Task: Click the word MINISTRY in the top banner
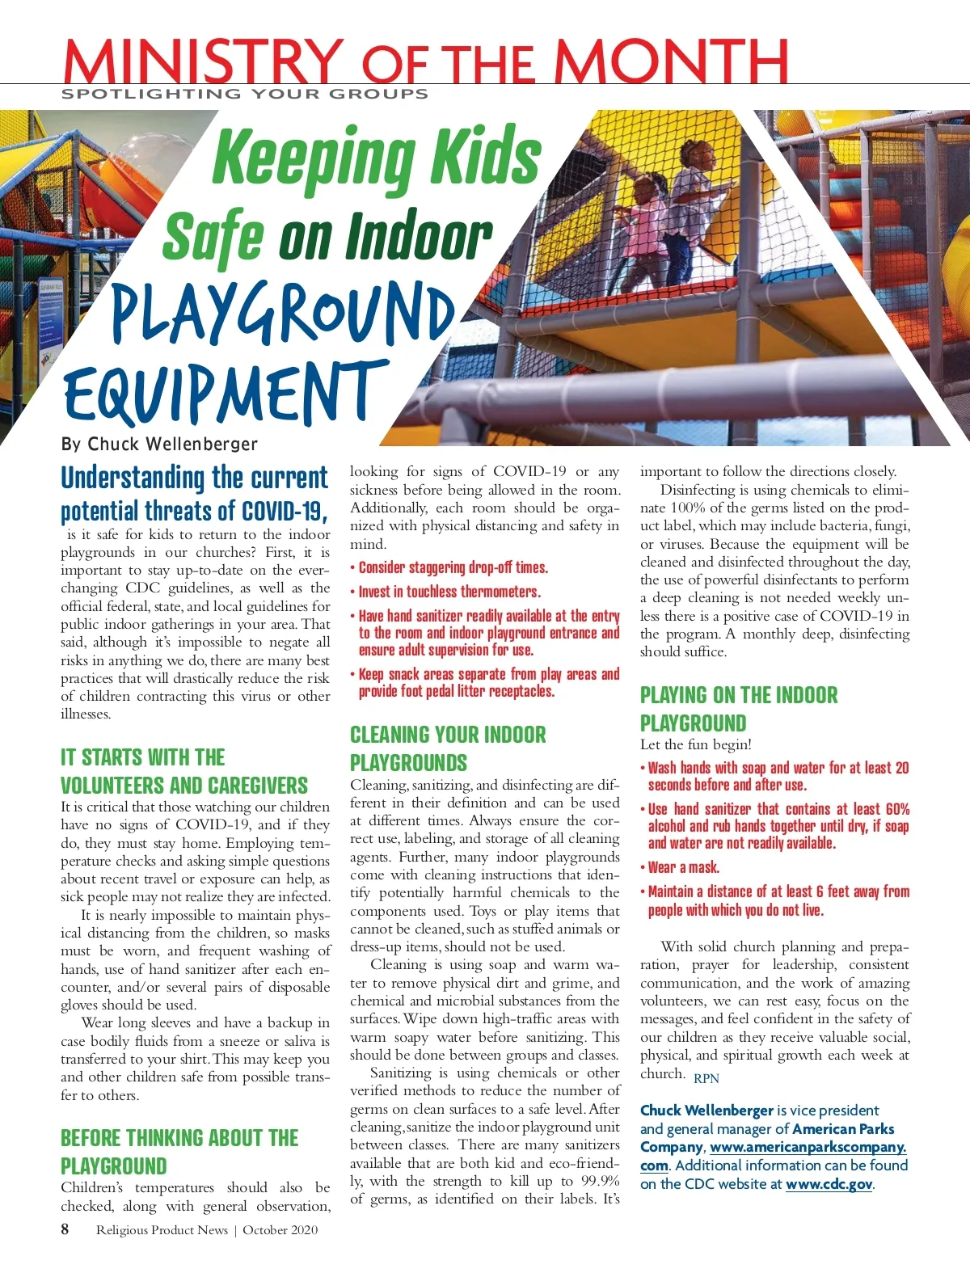(x=203, y=60)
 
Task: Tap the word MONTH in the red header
(x=670, y=60)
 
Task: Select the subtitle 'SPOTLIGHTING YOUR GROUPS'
(x=245, y=94)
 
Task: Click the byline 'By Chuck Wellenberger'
(x=159, y=444)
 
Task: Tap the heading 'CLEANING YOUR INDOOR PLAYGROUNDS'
(x=448, y=748)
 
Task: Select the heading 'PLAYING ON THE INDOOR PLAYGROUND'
(x=739, y=709)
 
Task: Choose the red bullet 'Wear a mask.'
(x=683, y=867)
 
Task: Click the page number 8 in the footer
(x=65, y=1229)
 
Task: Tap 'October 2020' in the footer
(x=280, y=1230)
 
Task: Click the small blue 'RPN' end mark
(x=706, y=1078)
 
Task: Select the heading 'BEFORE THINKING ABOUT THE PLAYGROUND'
(x=179, y=1152)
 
